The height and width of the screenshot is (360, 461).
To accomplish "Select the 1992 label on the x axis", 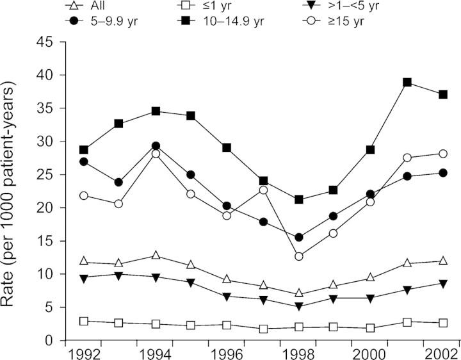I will tap(84, 353).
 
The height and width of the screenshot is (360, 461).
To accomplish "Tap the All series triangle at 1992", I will tap(84, 261).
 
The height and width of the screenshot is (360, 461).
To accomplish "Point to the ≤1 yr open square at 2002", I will tap(442, 323).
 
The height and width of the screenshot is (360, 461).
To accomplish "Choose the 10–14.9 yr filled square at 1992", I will tap(84, 150).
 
